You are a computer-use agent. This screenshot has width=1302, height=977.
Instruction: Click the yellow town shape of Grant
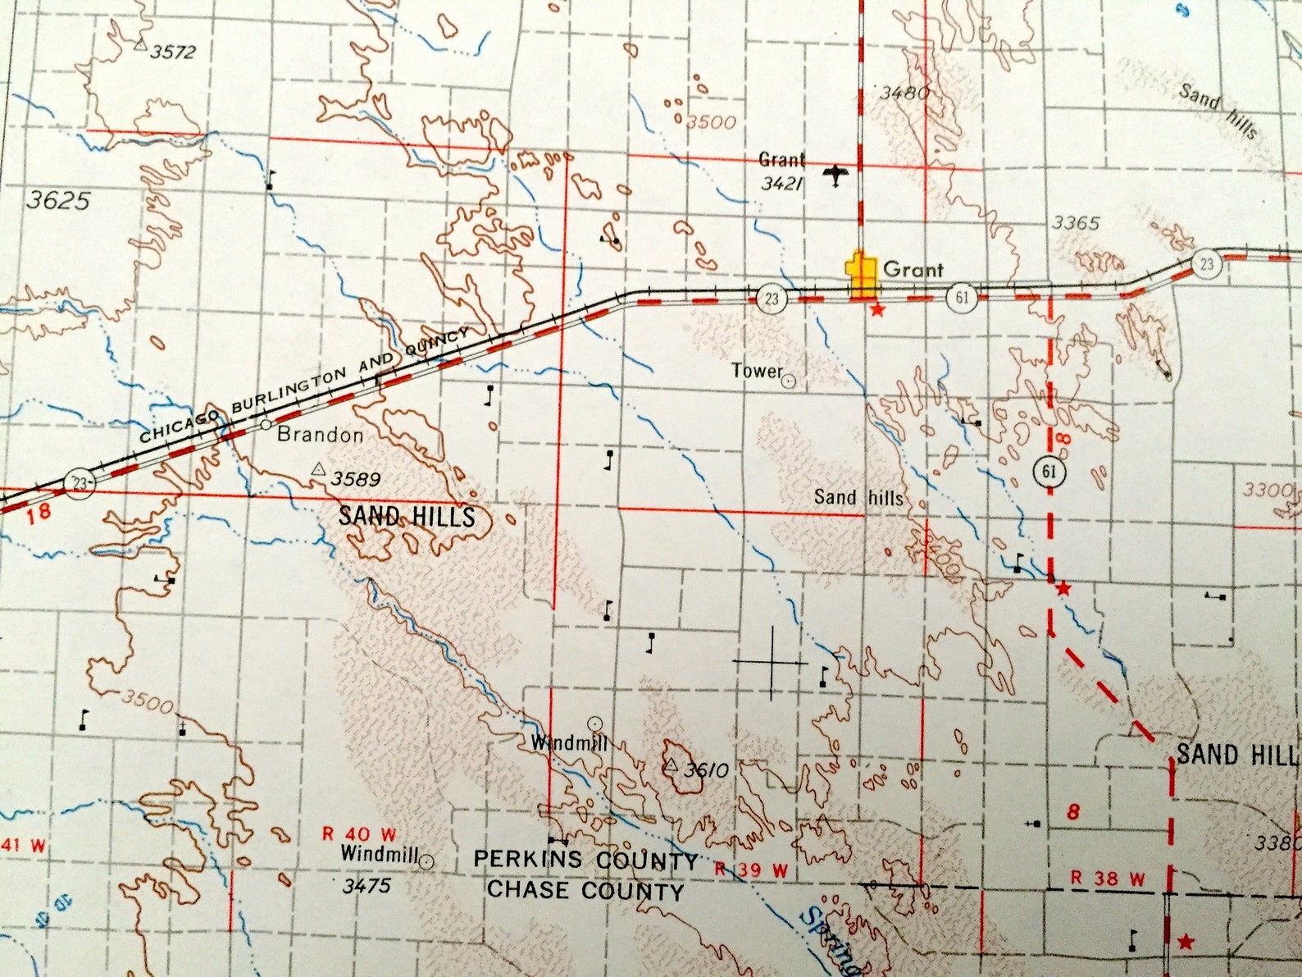(861, 276)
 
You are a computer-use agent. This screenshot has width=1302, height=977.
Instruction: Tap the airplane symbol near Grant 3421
(835, 175)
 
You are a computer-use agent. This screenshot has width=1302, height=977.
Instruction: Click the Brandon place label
(320, 435)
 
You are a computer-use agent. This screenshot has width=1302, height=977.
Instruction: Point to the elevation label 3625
(57, 200)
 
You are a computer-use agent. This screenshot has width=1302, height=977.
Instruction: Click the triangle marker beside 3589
(318, 470)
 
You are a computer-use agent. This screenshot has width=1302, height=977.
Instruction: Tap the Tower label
(757, 371)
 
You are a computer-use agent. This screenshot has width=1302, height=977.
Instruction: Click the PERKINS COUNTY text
(585, 860)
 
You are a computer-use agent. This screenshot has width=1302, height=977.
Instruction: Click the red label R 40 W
(358, 834)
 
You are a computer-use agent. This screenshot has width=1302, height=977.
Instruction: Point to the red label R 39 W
(750, 870)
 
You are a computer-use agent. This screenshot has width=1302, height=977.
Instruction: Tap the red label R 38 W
(1108, 879)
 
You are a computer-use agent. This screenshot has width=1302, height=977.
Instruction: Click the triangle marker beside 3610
(671, 765)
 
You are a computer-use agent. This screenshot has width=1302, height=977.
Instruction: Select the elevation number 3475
(366, 885)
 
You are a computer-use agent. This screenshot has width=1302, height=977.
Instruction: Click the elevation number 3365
(1076, 222)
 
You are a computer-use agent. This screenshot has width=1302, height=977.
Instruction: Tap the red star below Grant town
(877, 310)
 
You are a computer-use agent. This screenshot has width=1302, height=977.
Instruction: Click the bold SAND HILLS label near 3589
(407, 516)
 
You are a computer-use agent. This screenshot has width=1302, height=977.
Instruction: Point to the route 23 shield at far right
(1206, 263)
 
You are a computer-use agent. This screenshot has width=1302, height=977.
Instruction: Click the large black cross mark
(771, 661)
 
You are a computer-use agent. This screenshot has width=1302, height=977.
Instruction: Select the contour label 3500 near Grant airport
(711, 122)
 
